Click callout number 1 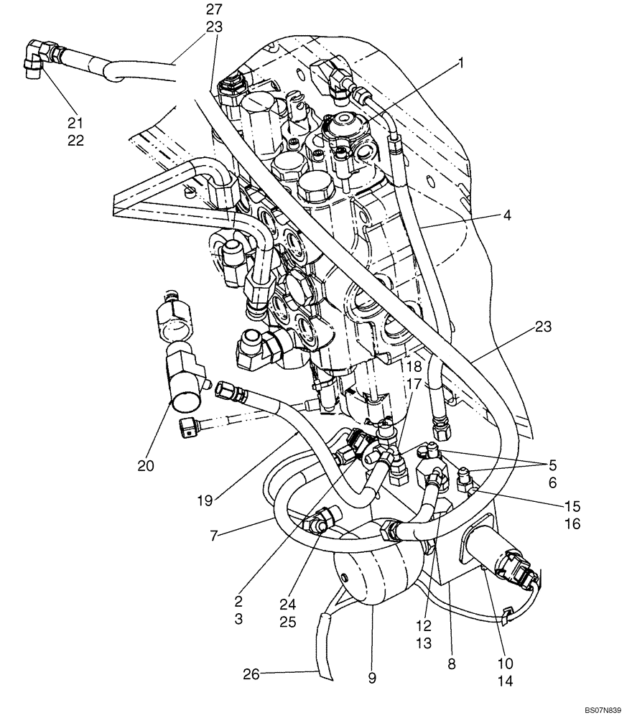pyautogui.click(x=461, y=63)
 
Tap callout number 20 pyautogui.click(x=147, y=465)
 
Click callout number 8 pyautogui.click(x=451, y=665)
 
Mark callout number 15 pyautogui.click(x=572, y=506)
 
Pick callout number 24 pyautogui.click(x=287, y=604)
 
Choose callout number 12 pyautogui.click(x=424, y=625)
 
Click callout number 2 pyautogui.click(x=238, y=600)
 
